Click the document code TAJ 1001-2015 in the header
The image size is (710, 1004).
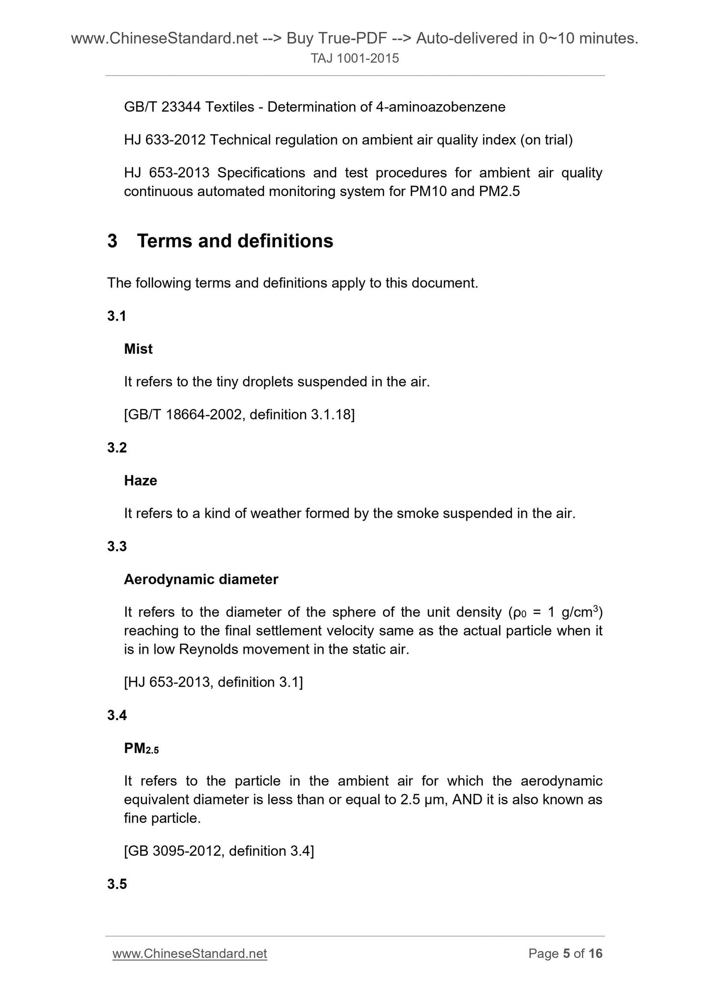coord(355,59)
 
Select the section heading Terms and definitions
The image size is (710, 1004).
coord(235,241)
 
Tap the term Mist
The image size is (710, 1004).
coord(138,349)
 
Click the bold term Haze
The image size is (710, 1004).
coord(141,480)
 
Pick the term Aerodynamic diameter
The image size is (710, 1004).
coord(201,580)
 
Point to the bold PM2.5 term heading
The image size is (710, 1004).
coord(142,749)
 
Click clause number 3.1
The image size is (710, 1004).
coord(117,316)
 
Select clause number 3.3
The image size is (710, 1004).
coord(117,546)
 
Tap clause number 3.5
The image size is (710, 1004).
coord(117,884)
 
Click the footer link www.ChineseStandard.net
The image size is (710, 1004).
coord(190,953)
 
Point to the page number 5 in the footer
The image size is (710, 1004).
coord(566,953)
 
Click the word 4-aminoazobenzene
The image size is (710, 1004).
coord(440,107)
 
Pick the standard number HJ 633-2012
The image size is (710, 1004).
coord(165,140)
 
